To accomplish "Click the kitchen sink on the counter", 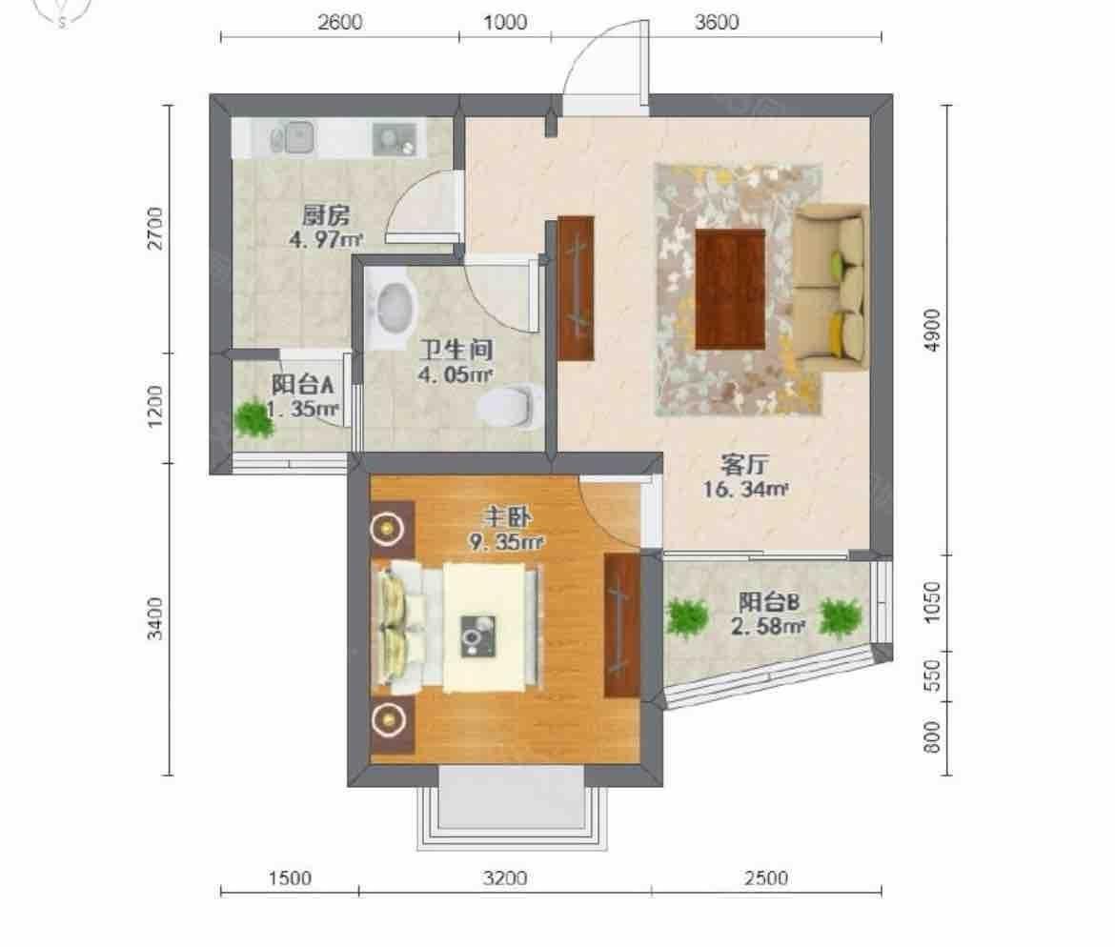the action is [293, 138].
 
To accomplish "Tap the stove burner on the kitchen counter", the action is [395, 139].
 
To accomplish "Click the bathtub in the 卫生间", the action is [393, 309].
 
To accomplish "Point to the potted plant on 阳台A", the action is [253, 419].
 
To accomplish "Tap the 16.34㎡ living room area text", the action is [745, 489].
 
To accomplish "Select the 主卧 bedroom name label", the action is [506, 517].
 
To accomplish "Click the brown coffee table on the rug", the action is [730, 289].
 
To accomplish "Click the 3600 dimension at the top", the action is [716, 22].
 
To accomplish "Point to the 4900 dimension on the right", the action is [932, 330].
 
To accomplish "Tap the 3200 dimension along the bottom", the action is [505, 878].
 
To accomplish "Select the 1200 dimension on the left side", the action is [155, 407].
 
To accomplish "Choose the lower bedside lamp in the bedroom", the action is [388, 718].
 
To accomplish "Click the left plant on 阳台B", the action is [687, 617].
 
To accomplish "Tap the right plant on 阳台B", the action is [841, 617].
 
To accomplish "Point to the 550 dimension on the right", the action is [932, 675].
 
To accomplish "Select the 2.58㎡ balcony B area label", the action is [768, 627].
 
